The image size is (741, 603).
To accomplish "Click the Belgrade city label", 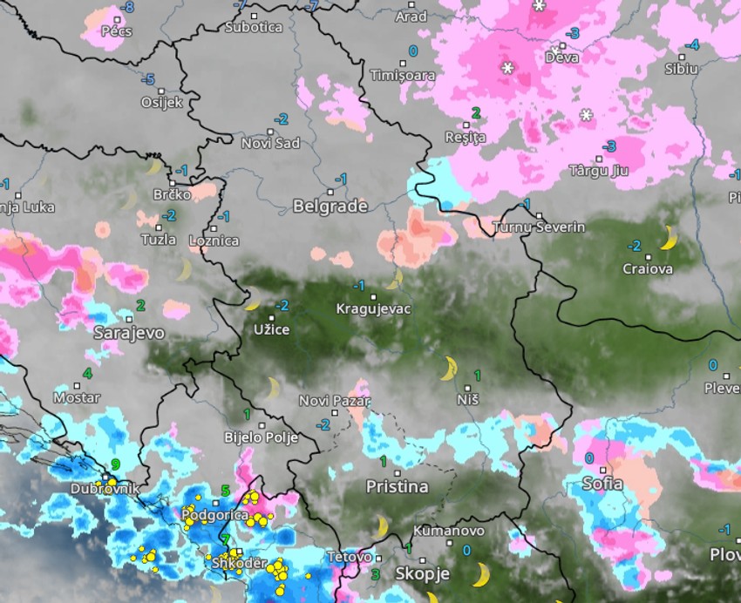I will (x=330, y=207).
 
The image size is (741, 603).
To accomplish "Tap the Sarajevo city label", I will (x=129, y=333).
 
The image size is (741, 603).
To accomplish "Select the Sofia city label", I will (x=603, y=484).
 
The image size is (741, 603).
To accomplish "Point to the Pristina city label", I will (x=398, y=486).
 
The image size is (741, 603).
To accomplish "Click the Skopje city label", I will (x=422, y=573).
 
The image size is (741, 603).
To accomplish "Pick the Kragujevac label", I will (x=374, y=308).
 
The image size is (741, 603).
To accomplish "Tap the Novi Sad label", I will (x=270, y=143).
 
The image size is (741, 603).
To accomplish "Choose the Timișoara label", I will (x=402, y=75).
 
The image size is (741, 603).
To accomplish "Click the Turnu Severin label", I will (x=538, y=227).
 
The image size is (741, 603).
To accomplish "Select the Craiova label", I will (x=648, y=269).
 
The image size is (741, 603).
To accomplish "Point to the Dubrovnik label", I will (x=104, y=490).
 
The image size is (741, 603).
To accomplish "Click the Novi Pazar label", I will (x=334, y=401).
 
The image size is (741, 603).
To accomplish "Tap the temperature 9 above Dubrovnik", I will (x=115, y=464).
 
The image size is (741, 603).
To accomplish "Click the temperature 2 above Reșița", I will (x=476, y=112).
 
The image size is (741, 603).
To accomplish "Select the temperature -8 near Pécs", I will (x=129, y=7).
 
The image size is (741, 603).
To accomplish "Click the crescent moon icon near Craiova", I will (x=669, y=237).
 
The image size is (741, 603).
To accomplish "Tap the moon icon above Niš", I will (x=449, y=369).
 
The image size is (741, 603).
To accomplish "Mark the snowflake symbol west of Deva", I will (x=507, y=67).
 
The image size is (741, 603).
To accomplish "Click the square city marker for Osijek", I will (x=161, y=90).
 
